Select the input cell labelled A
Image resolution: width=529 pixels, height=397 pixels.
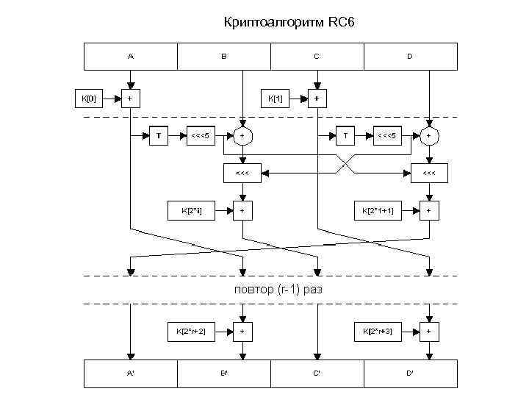(131, 56)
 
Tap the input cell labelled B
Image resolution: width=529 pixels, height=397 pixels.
(224, 56)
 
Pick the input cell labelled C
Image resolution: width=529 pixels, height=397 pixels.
(317, 56)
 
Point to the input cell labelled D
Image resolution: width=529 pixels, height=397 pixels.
(410, 56)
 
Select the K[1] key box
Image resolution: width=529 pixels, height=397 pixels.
(276, 98)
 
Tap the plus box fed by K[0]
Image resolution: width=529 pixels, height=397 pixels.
(131, 98)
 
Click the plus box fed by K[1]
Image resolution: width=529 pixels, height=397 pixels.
(317, 98)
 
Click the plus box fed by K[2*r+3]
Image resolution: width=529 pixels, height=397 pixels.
(429, 332)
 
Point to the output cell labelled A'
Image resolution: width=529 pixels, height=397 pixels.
(131, 373)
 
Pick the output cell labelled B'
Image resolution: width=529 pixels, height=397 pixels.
(224, 373)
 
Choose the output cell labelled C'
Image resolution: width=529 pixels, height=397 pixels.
(317, 373)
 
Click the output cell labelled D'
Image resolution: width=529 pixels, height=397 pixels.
(410, 373)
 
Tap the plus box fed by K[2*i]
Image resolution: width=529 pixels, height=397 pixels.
(242, 211)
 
